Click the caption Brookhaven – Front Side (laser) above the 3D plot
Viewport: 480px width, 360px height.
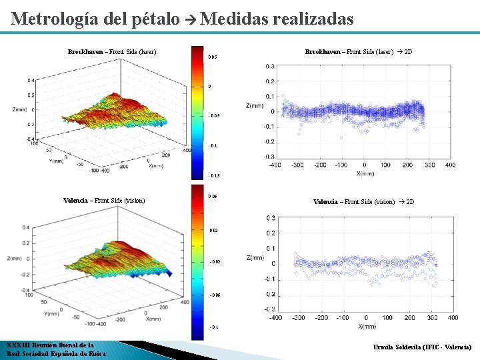[x=112, y=51]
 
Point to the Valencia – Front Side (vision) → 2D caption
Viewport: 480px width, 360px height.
[x=363, y=201]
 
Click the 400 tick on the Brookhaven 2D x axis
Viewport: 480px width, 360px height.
[x=450, y=165]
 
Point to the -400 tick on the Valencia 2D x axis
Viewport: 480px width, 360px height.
[x=275, y=317]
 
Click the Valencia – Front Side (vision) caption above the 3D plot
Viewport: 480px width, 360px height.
[x=104, y=200]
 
